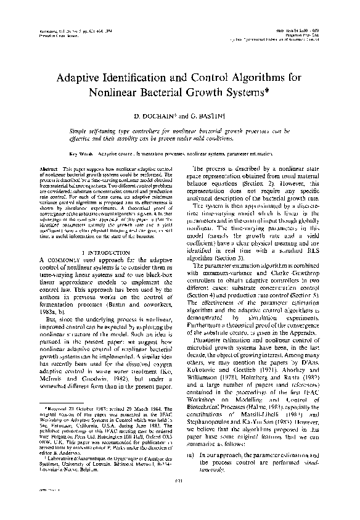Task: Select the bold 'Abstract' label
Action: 50,168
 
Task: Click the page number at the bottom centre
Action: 180,498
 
